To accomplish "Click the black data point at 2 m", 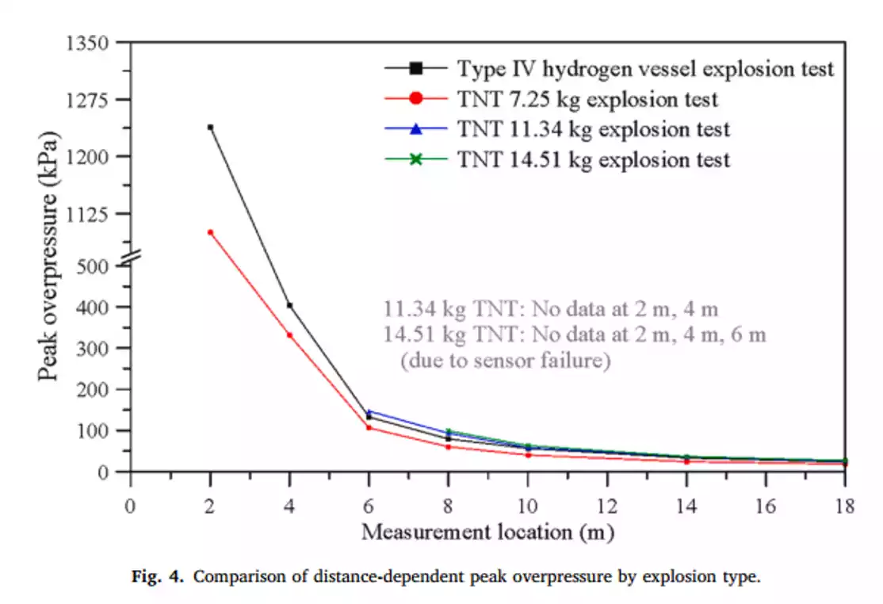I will pos(210,127).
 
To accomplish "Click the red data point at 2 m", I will pos(210,232).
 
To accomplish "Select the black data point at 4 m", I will pos(289,305).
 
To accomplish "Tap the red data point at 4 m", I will pos(289,334).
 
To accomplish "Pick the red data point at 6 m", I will pos(369,427).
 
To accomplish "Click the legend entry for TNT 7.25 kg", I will pos(587,99).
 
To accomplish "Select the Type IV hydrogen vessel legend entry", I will pos(644,69).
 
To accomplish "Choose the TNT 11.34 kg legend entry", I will pos(593,129).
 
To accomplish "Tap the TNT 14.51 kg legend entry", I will pos(593,159).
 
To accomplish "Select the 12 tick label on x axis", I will pos(606,506).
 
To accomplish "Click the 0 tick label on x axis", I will pos(131,506).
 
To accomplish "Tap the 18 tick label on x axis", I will pos(844,506).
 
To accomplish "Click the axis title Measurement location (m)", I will pos(487,532).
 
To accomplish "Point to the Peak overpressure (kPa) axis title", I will pos(49,255).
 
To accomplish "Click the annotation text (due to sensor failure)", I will pos(505,361).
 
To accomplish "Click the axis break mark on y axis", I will pos(131,255).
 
